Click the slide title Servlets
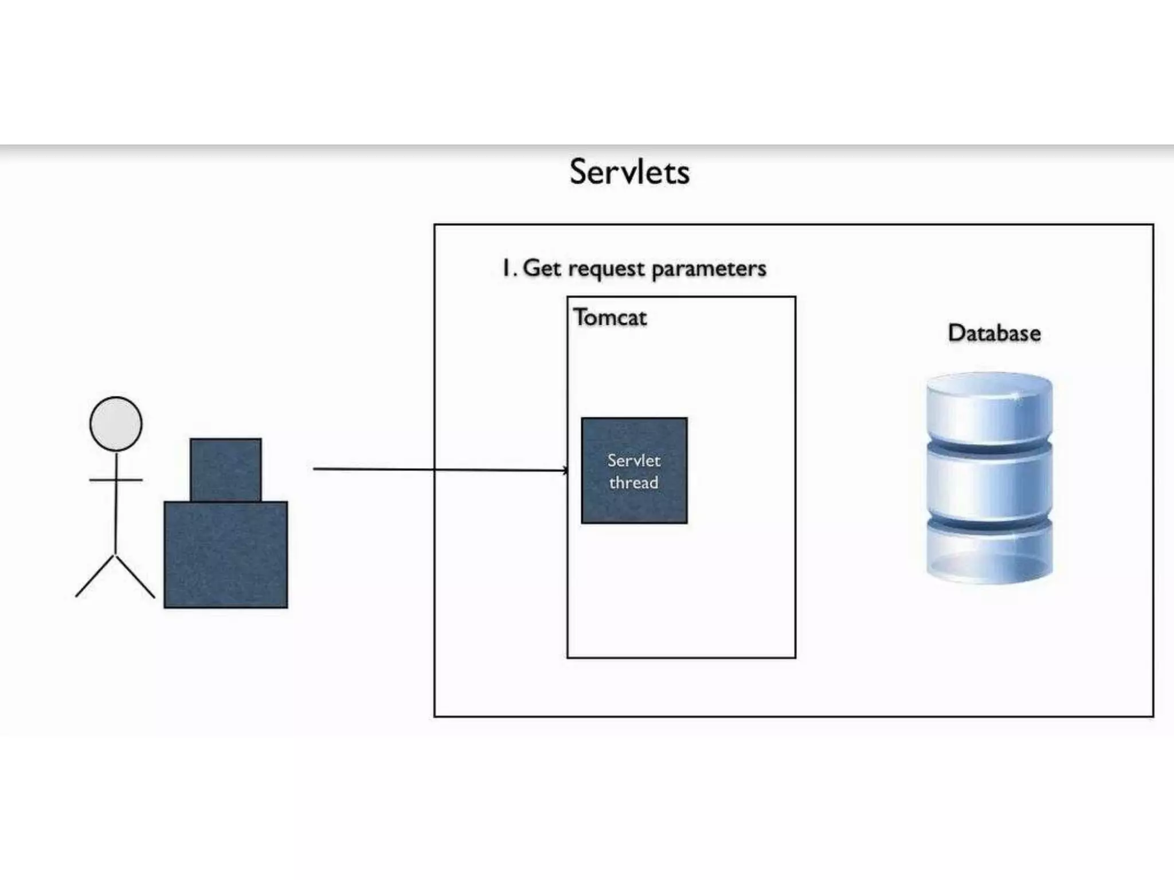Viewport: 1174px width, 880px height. point(629,172)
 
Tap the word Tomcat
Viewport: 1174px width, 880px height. point(610,317)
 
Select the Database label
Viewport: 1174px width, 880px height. point(994,333)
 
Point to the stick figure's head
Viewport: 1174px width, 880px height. point(116,423)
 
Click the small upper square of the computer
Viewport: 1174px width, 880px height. point(226,469)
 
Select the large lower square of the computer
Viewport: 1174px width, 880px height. point(226,554)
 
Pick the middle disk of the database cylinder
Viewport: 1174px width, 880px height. point(989,481)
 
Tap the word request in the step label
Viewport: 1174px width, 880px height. point(606,269)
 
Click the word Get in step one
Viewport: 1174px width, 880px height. point(542,268)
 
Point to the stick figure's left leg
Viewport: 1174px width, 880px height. point(95,576)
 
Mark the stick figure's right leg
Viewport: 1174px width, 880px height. point(136,576)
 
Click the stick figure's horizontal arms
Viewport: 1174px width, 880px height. point(116,480)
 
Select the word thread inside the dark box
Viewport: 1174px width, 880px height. point(633,483)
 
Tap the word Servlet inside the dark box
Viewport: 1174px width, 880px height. point(634,461)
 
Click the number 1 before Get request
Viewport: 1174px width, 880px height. point(506,268)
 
